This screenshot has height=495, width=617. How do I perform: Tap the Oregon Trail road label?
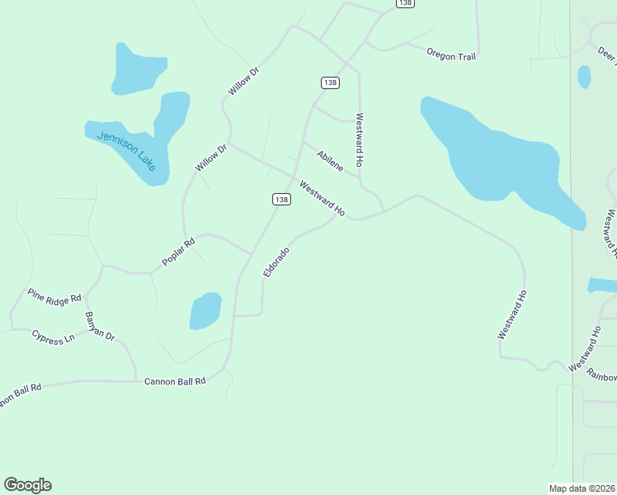click(x=452, y=54)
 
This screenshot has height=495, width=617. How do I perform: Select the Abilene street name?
click(x=330, y=161)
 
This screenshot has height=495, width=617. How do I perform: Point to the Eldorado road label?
click(x=276, y=262)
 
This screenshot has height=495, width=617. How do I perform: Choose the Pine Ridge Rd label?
click(x=54, y=295)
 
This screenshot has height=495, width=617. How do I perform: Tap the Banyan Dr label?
click(x=100, y=326)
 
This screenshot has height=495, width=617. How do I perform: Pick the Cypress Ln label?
click(x=53, y=337)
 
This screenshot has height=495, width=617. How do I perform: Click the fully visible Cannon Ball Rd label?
click(x=174, y=381)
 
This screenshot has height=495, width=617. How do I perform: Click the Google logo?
click(x=27, y=485)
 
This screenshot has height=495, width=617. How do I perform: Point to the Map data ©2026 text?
click(x=582, y=488)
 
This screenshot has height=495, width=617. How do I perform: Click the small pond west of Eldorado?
click(x=205, y=311)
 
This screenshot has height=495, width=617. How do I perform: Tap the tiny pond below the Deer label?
click(x=584, y=77)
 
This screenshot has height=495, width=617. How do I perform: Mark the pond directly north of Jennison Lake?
click(x=139, y=68)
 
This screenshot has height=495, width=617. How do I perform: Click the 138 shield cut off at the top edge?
click(x=404, y=3)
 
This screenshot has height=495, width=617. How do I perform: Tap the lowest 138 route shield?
click(x=281, y=199)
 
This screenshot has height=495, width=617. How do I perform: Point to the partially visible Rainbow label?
click(x=601, y=373)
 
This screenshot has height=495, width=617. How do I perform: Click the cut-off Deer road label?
click(x=607, y=54)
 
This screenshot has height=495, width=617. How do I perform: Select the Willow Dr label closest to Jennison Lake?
click(x=210, y=158)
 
